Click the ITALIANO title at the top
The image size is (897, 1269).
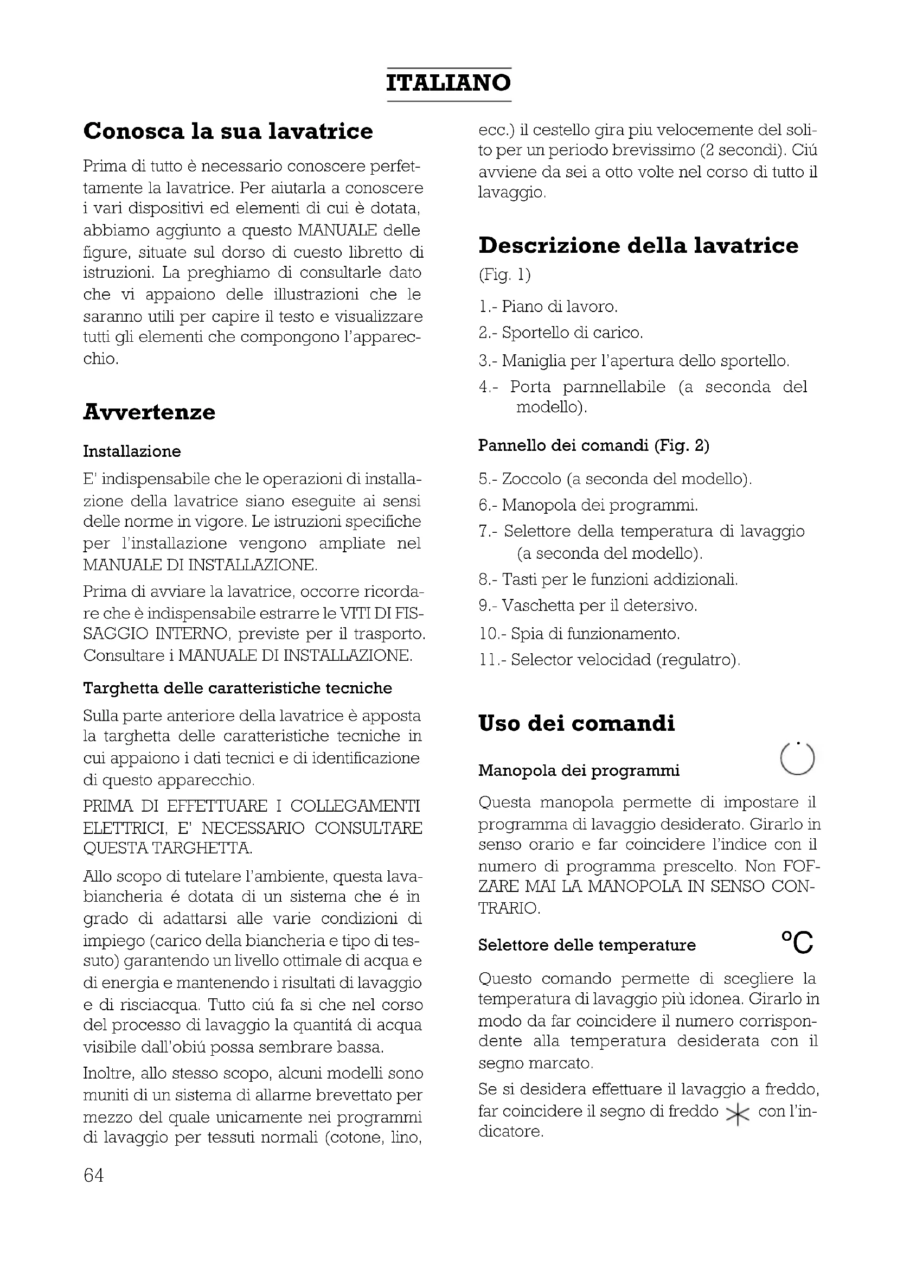tap(448, 84)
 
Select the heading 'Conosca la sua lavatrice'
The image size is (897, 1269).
tap(228, 131)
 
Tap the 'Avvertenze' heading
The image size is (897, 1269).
tap(149, 412)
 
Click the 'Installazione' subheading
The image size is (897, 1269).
tap(132, 451)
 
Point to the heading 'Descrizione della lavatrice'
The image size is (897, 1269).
tap(638, 245)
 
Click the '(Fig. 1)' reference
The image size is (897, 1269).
tap(504, 275)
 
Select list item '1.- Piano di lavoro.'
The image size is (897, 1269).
tap(548, 306)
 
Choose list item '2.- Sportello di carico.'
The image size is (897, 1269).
tap(561, 333)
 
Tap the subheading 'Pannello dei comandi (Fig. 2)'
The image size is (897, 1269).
tap(594, 445)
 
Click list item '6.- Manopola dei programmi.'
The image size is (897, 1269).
tap(588, 505)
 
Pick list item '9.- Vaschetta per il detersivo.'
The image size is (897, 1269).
tap(588, 606)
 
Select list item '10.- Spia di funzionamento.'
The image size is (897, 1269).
tap(579, 633)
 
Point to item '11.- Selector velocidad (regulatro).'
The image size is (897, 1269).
tap(609, 660)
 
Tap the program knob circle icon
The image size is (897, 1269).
tap(797, 758)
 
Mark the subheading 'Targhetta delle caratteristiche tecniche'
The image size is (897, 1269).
tap(238, 688)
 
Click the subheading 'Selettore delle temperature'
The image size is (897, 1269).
tap(587, 945)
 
